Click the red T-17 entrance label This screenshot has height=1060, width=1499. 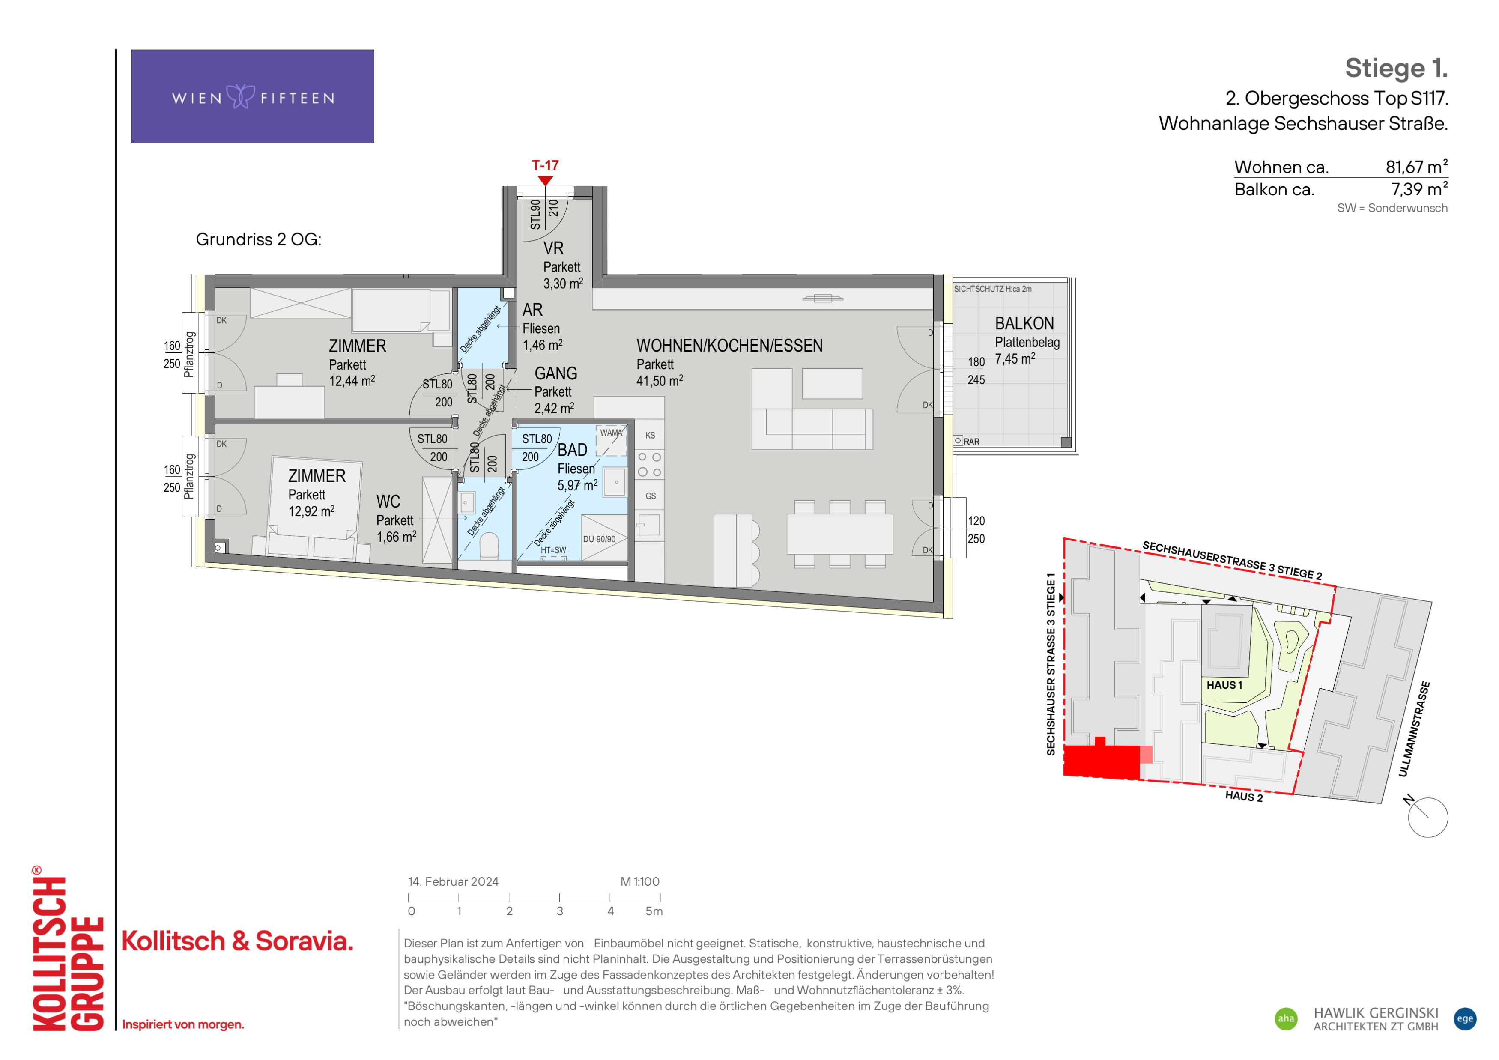tap(545, 165)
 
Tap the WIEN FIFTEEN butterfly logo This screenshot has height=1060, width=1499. tap(240, 97)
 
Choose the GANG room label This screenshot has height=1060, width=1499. tap(555, 373)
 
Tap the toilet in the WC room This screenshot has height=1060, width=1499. tap(489, 546)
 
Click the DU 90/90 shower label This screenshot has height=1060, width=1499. tap(599, 539)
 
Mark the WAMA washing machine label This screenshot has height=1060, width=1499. tap(611, 433)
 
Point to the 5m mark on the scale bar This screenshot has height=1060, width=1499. tap(654, 911)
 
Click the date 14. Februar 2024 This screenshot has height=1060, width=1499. tap(453, 882)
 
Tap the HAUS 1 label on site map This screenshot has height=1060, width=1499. tap(1224, 685)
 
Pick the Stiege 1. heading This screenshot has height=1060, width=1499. tap(1397, 68)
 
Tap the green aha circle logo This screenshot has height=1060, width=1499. tap(1286, 1019)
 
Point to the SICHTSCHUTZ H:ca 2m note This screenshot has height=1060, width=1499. tap(992, 289)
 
